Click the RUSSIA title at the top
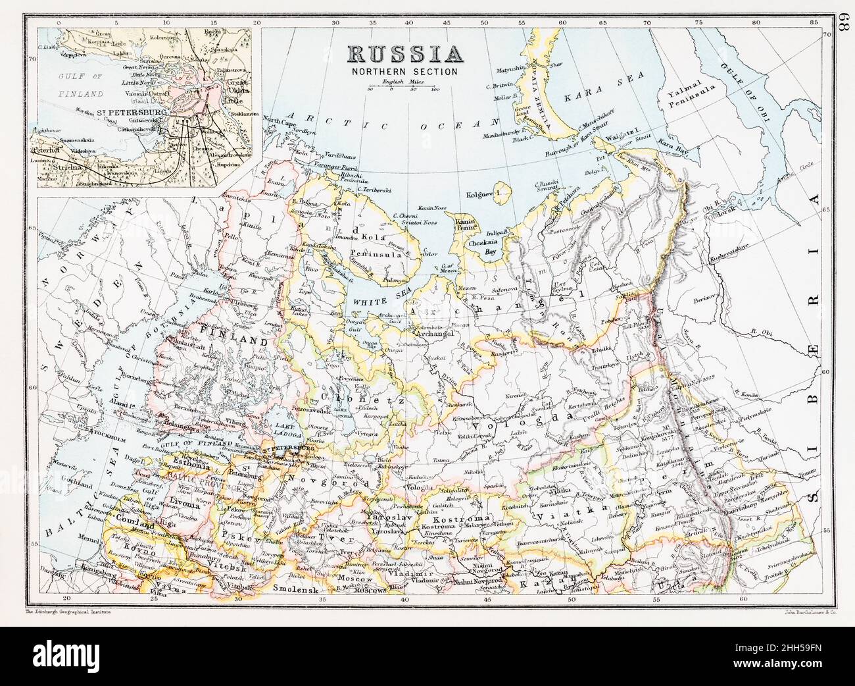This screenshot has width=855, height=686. pyautogui.click(x=404, y=54)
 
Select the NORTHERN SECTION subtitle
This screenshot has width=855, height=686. pyautogui.click(x=404, y=72)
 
